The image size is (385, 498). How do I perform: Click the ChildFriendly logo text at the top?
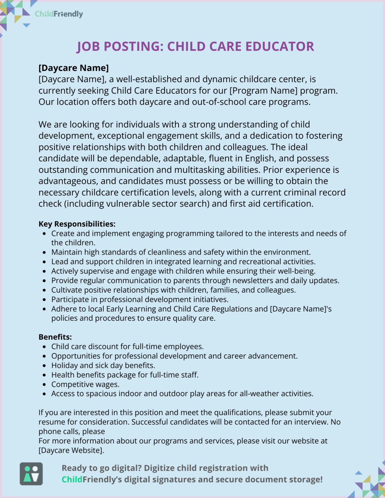59,14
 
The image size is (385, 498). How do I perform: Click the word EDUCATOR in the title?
280,47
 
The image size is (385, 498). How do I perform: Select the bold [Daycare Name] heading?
73,68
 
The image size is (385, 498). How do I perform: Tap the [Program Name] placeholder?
263,91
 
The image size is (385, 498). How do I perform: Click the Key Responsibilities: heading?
77,224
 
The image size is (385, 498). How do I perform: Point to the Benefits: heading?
55,337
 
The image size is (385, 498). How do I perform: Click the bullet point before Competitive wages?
44,384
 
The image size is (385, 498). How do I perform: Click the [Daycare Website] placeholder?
71,450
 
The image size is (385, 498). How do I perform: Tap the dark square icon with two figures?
31,474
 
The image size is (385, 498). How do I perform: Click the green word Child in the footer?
72,479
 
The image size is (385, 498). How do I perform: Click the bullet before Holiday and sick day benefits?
44,366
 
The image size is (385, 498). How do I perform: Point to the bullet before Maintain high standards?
44,252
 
